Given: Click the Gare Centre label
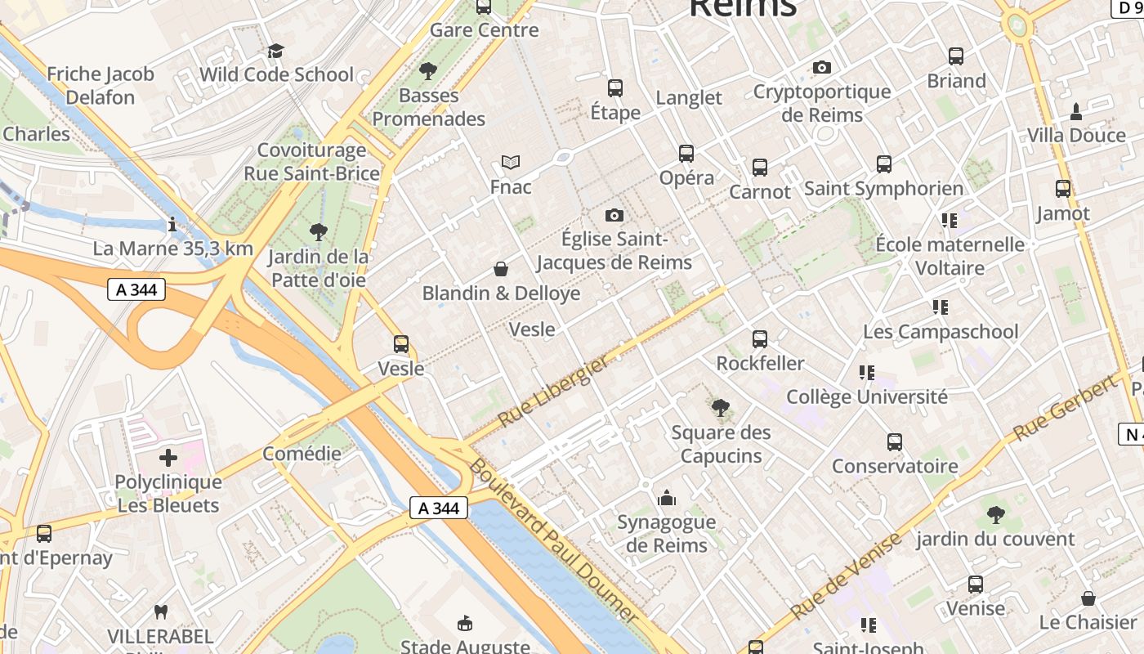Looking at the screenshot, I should pos(484,30).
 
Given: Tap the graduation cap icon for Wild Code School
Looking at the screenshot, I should pos(275,52).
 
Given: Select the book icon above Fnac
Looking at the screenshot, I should pos(511,163).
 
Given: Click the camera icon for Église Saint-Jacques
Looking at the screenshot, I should pos(614,215).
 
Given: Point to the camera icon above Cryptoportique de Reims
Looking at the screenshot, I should pos(822,67).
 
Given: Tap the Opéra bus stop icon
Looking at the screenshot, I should pos(686,154).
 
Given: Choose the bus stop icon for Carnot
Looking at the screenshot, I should pos(760,168).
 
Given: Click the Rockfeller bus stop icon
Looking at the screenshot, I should pos(760,338).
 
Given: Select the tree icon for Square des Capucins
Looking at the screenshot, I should pos(720,408).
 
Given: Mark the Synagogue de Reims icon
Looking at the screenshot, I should pos(667,498).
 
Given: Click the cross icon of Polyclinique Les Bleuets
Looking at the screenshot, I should pos(168,458).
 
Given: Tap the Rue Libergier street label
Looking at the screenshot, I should pos(554,391).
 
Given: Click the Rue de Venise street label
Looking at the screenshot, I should pos(846,575).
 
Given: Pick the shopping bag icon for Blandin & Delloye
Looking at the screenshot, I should pos(501,269).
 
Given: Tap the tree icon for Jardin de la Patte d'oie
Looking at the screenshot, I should pos(319,233).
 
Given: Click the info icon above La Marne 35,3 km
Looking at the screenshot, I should pos(172,224).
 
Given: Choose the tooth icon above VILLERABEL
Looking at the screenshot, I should pos(161,611).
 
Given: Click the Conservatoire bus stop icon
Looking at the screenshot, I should pos(895,442).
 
